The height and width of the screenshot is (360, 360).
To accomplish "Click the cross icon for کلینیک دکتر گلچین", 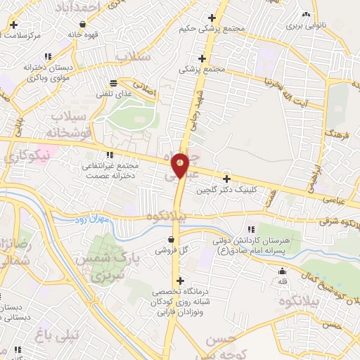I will coord(226,179).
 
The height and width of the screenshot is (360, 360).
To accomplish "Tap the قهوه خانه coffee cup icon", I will coord(84,23).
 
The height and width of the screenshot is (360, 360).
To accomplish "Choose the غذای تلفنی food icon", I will coord(124,82).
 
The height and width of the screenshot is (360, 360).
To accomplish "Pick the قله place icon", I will coord(283,272).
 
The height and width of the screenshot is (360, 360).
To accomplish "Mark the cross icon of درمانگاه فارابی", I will coord(181,281).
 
